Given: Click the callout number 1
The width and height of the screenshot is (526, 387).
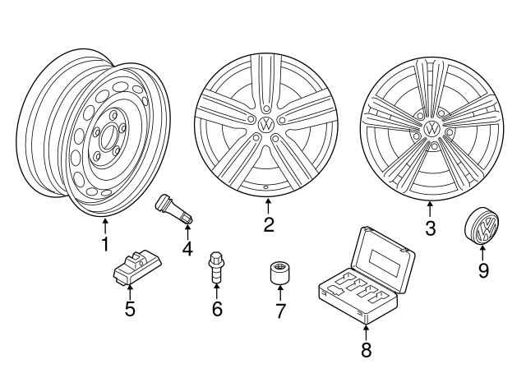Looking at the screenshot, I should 104,244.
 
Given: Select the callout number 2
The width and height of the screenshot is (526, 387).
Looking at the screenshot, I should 268,225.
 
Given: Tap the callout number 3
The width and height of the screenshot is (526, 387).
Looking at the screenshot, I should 430,228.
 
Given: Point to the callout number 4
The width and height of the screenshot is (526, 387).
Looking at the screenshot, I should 187,247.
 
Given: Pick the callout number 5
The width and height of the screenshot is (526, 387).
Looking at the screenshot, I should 129,309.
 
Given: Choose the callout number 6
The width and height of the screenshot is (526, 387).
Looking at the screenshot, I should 217,309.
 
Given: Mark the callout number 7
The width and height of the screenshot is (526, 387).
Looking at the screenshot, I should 279,311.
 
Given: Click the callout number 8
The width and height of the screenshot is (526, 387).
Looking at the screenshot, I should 366,350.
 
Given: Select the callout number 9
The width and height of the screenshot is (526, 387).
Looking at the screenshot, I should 483,270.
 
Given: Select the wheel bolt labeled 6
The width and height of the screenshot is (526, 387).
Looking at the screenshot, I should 217,268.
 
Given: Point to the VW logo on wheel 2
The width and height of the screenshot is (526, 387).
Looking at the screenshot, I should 265,124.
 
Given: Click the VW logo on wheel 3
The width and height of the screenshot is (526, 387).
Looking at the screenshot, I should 431,129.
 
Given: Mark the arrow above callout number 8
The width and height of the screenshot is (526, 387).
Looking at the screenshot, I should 366,331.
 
